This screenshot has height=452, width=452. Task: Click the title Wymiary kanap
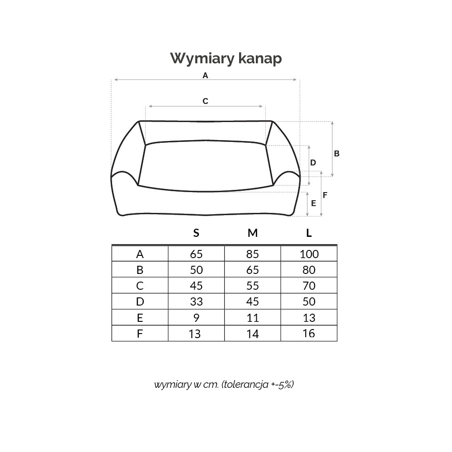tap(226, 58)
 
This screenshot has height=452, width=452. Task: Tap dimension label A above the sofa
tap(205, 75)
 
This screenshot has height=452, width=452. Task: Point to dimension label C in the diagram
tap(205, 101)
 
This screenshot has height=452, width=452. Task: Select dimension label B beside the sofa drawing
tap(337, 154)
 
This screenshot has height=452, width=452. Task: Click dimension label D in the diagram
tap(313, 163)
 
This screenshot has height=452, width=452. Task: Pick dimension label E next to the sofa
tap(314, 203)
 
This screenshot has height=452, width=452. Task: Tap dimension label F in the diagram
tap(325, 195)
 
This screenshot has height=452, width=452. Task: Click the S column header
tap(196, 233)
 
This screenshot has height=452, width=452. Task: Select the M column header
tap(253, 233)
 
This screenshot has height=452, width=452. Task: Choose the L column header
tap(309, 233)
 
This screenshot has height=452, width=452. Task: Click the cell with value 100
tap(309, 254)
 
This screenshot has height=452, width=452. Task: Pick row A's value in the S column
tap(196, 254)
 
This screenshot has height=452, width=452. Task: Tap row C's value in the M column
tap(253, 286)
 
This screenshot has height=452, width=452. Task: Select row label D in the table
tap(140, 302)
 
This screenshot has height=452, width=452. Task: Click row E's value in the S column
tap(196, 318)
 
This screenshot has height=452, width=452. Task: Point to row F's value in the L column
tap(309, 334)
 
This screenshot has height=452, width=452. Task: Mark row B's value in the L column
tap(309, 270)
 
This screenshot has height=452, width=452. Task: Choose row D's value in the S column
tap(196, 302)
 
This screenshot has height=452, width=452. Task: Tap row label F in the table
tap(140, 334)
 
